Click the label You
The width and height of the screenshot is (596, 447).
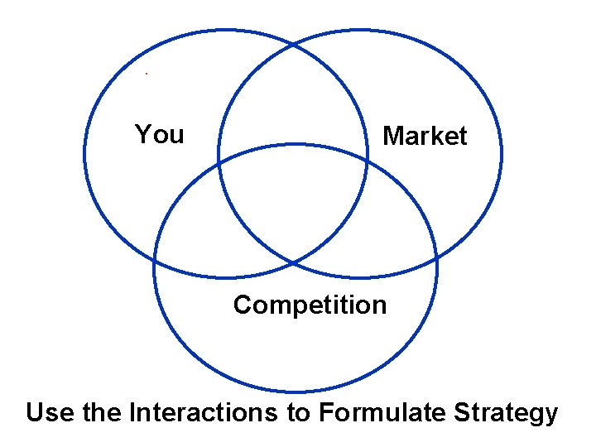159,134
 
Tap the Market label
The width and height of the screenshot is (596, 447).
425,137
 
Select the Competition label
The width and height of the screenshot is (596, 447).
310,305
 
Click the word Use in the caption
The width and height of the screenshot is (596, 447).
51,411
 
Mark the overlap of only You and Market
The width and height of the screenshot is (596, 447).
294,99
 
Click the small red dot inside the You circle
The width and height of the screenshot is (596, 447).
147,74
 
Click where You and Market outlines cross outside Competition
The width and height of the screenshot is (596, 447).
294,42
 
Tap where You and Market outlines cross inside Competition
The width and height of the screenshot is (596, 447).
294,263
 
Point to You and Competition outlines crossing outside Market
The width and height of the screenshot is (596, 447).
154,263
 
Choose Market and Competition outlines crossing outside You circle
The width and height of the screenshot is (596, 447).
436,263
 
